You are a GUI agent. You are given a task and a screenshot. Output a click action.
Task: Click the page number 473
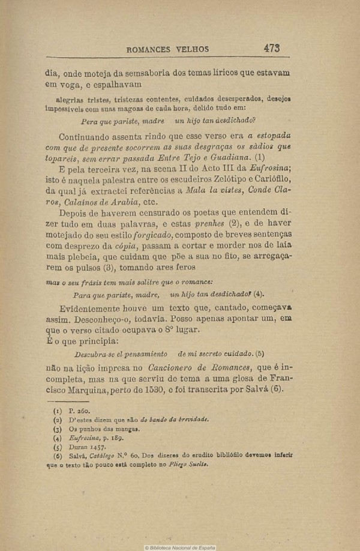271,48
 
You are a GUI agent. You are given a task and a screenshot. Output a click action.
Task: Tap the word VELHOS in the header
196,50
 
